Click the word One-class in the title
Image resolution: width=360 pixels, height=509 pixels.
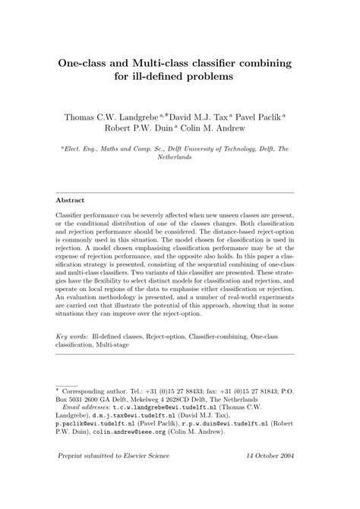(x=90, y=63)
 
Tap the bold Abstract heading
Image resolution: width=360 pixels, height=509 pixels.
(x=72, y=201)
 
